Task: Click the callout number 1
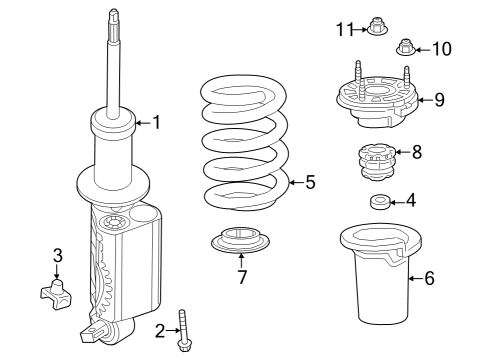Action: (x=155, y=123)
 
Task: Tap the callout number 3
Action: (x=57, y=255)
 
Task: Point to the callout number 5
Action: (x=310, y=182)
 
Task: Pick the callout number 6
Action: (x=430, y=278)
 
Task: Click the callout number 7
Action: (x=241, y=277)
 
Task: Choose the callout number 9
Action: (x=441, y=99)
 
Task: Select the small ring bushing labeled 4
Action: (x=380, y=203)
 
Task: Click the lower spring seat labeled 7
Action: (x=240, y=243)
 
